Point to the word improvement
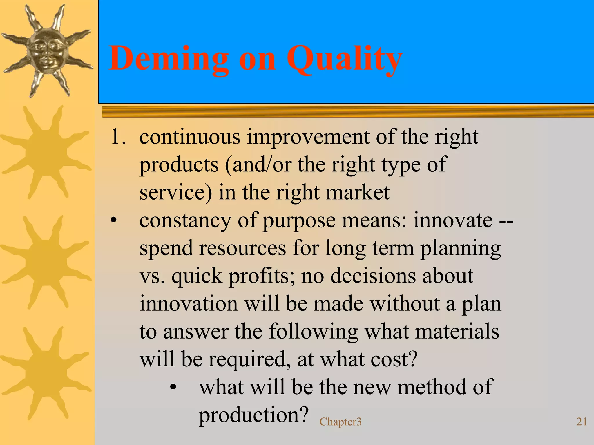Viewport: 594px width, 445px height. point(308,137)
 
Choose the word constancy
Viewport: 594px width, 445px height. point(185,220)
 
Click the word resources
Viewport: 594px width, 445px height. point(242,249)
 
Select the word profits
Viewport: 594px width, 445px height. point(262,276)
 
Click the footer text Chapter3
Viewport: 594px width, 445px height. point(341,422)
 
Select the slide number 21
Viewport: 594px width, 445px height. point(582,422)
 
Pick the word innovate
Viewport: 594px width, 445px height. point(453,220)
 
